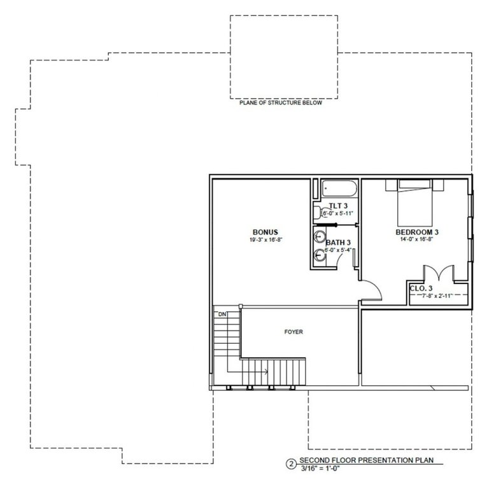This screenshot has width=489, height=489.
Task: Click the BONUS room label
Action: (264, 231)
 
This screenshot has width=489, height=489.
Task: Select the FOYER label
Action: (294, 332)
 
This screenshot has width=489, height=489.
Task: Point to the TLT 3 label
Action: (337, 206)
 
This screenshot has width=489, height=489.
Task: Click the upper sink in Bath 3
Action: (319, 237)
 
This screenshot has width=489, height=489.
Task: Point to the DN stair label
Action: (222, 315)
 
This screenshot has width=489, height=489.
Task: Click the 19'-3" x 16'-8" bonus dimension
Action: (264, 240)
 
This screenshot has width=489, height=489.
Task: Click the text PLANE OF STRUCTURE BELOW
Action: (281, 103)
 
